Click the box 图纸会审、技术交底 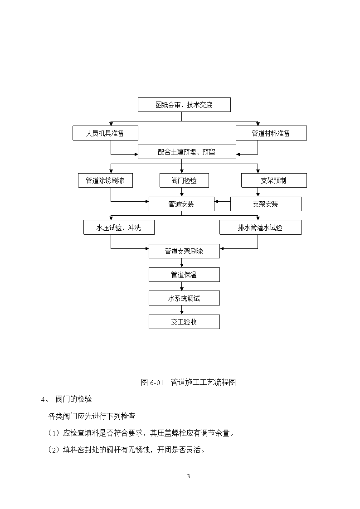(184, 105)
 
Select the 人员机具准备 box (105, 133)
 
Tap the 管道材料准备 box (271, 133)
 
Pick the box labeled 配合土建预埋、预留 (187, 152)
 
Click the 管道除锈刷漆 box (105, 180)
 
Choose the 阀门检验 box (184, 180)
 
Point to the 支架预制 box (274, 180)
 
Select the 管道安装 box (181, 204)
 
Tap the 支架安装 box (266, 204)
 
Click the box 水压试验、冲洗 (119, 228)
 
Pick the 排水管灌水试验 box (260, 228)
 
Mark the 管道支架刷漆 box (184, 251)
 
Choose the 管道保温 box (184, 275)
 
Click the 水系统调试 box (184, 298)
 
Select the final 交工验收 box (184, 322)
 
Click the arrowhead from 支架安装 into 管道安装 (216, 202)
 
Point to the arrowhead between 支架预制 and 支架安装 (258, 195)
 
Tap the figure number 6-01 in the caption (156, 383)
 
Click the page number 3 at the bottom (188, 476)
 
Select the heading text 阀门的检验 (74, 399)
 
